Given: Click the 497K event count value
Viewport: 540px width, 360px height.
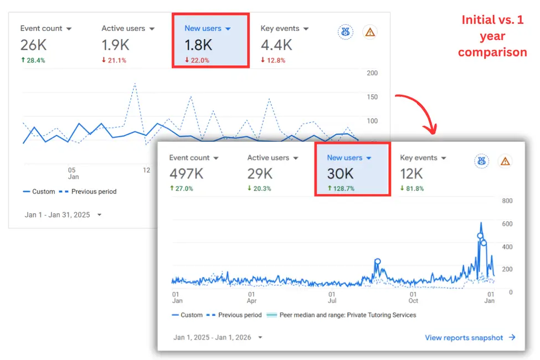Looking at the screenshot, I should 187,173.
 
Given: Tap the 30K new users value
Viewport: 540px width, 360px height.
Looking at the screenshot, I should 340,173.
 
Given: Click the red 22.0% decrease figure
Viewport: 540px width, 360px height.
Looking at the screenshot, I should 197,60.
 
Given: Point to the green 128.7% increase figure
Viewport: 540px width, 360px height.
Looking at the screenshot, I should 341,189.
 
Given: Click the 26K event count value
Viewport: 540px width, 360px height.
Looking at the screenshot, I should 33,45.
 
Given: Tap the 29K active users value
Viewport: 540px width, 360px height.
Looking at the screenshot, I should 260,173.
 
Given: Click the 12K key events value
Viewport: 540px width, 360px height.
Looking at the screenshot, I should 412,173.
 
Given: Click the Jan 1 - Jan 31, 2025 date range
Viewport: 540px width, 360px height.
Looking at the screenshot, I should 58,215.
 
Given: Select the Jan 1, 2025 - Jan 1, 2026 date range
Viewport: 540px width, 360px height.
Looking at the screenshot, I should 212,337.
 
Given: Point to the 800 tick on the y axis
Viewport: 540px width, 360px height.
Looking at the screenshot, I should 507,201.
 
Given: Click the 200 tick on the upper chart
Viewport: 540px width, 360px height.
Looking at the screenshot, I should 372,73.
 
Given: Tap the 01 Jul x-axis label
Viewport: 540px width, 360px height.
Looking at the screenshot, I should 332,297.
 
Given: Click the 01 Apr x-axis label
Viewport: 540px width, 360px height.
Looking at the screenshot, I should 251,297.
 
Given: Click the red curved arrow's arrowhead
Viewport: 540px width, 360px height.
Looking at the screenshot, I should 430,130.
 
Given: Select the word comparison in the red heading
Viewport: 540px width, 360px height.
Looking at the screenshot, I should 492,53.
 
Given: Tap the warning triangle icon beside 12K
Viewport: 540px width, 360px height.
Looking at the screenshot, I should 505,161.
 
